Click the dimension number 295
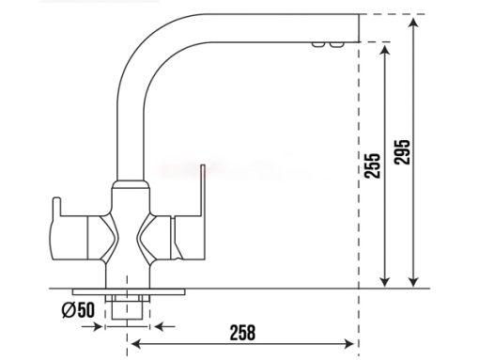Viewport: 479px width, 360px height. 402,152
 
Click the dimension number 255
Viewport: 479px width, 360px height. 372,165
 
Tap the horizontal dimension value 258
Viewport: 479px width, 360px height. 242,333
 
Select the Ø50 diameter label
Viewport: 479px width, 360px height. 78,310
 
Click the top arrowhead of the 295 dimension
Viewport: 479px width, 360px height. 414,23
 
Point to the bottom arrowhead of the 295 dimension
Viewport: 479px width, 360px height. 414,282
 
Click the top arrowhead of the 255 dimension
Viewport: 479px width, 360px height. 385,50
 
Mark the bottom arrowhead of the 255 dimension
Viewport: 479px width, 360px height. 385,282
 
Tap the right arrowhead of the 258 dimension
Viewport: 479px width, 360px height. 349,344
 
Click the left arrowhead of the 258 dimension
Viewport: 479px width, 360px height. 136,344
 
